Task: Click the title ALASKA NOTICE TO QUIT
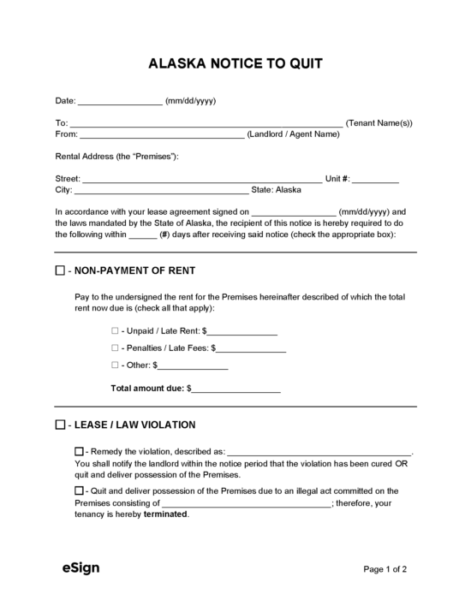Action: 235,63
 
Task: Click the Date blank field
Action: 120,102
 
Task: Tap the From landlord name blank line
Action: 162,135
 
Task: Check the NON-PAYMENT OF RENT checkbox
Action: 60,270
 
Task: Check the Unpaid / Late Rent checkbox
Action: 115,330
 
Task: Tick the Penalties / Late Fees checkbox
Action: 115,348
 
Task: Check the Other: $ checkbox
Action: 115,365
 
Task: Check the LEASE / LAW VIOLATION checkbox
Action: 60,425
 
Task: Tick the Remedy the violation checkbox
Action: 80,450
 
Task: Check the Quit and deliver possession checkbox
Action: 80,490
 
